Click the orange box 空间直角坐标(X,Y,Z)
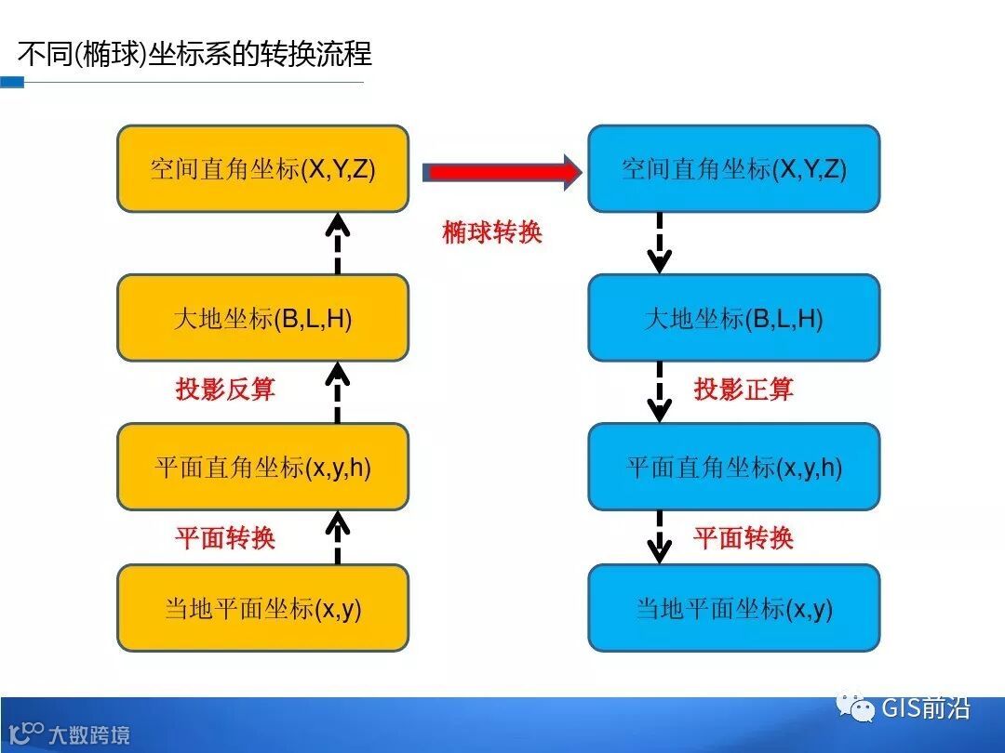click(262, 168)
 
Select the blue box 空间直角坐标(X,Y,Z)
click(733, 168)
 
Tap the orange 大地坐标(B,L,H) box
click(262, 318)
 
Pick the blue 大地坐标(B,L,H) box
click(733, 318)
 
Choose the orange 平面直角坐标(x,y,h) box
click(262, 467)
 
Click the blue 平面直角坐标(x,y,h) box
click(733, 467)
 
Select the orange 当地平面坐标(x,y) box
click(262, 608)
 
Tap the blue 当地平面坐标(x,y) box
click(733, 608)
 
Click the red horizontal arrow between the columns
click(501, 172)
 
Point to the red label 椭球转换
click(491, 232)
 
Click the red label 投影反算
click(225, 389)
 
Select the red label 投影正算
click(744, 389)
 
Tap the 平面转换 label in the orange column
click(225, 537)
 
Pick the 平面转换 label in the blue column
click(744, 537)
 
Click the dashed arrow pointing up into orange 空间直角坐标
click(338, 244)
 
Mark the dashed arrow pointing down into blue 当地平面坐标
click(660, 536)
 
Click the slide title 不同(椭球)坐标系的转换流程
click(194, 53)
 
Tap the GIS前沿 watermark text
click(925, 708)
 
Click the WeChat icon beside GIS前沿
click(856, 708)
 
